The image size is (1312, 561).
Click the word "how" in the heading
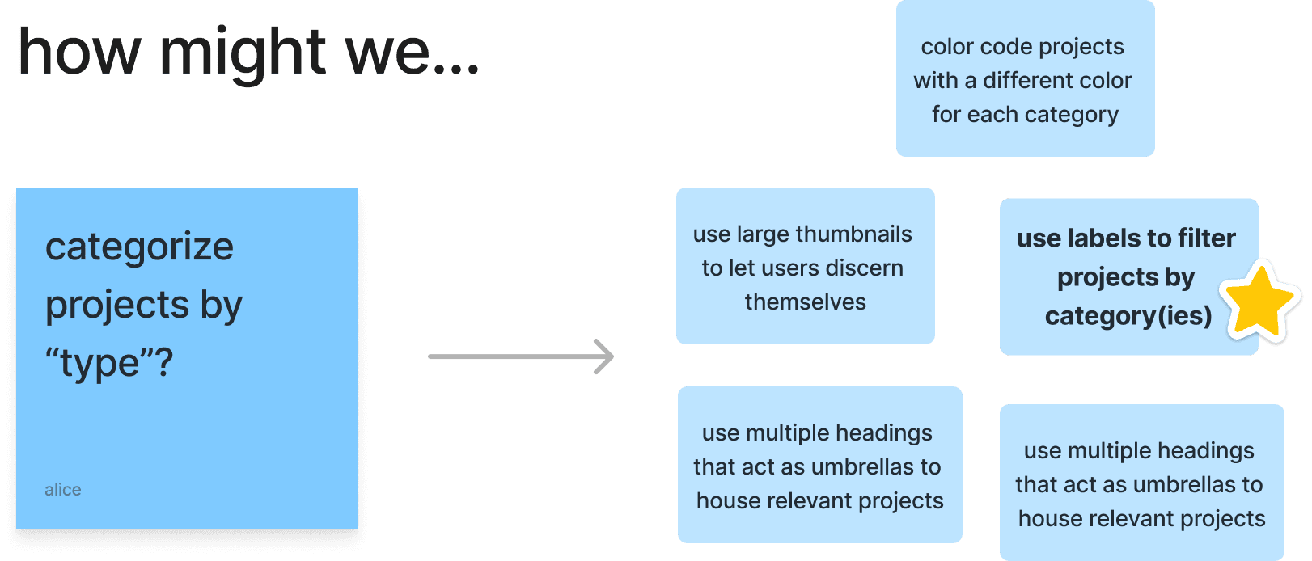[x=79, y=52]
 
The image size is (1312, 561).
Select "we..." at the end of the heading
[x=412, y=52]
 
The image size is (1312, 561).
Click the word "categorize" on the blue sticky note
[x=139, y=247]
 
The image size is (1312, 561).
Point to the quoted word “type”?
[x=109, y=363]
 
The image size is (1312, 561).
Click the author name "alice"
[x=63, y=490]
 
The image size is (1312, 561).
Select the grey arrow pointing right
[x=522, y=356]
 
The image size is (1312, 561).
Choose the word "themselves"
[x=806, y=302]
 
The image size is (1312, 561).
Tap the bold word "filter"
[x=1207, y=238]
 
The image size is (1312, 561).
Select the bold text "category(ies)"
[x=1128, y=316]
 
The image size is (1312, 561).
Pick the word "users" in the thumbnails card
[x=789, y=268]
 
